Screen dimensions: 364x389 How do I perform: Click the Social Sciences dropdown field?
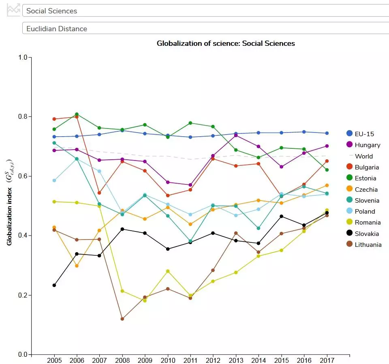(203, 11)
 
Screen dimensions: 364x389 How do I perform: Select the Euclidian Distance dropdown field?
(203, 28)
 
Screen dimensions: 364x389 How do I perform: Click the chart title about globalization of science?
(226, 43)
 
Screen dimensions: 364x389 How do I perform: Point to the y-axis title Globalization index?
(9, 202)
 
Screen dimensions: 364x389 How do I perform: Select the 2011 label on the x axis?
(190, 360)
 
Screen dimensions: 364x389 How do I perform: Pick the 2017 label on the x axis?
(327, 360)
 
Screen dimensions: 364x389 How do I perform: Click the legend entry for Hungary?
(367, 145)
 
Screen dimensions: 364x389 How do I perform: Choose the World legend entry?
(363, 156)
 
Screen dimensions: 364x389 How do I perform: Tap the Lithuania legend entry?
(368, 244)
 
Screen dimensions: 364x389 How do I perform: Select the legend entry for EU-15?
(364, 133)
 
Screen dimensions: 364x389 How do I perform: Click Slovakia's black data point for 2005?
(54, 285)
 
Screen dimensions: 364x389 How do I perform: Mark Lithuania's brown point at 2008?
(122, 319)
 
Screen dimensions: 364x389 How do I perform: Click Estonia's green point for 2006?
(77, 114)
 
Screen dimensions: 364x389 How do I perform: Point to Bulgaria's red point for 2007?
(99, 193)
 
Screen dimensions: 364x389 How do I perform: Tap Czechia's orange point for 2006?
(77, 266)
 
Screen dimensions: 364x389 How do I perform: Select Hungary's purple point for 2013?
(236, 135)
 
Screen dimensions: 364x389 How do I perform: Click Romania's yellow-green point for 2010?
(168, 271)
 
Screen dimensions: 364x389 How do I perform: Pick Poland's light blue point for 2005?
(54, 180)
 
